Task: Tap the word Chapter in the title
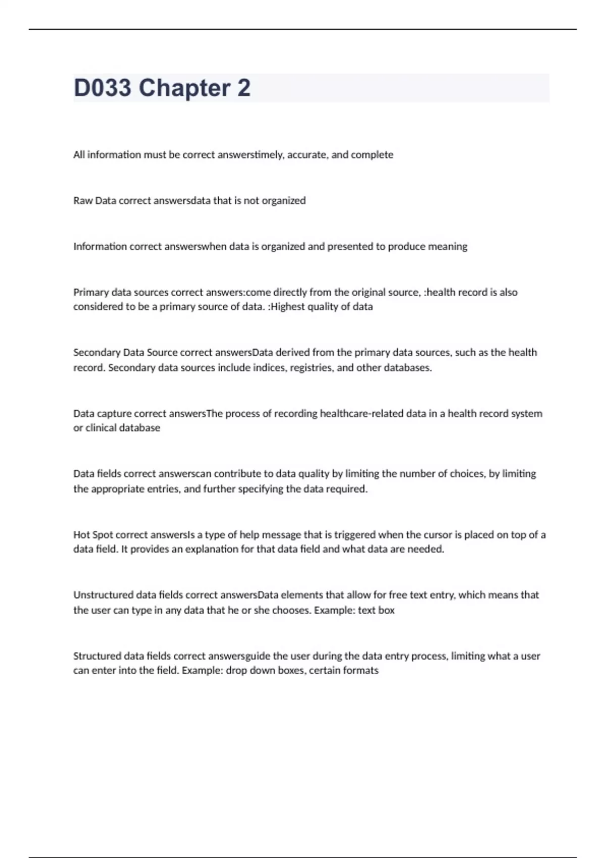coord(184,88)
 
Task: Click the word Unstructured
coord(104,595)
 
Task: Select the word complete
coord(372,155)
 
